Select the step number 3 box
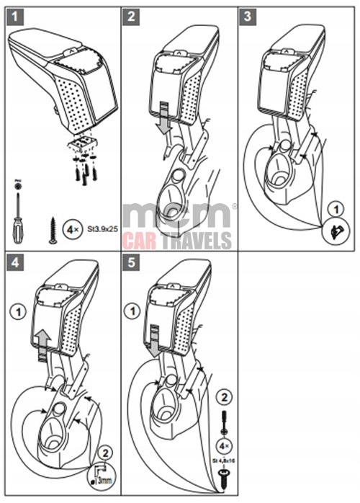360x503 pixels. coord(248,16)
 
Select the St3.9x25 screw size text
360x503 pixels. coord(103,230)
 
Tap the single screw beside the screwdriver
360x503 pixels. coord(53,230)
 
